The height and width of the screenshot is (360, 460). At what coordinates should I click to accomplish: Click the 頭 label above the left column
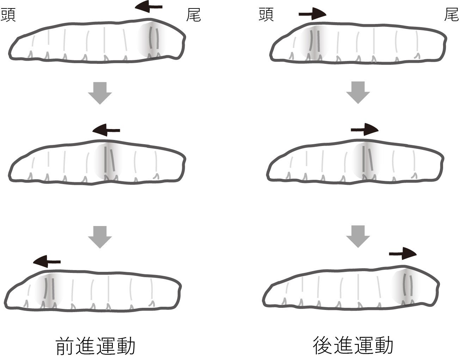pyautogui.click(x=8, y=16)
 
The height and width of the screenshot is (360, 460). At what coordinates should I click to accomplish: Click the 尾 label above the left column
pyautogui.click(x=193, y=16)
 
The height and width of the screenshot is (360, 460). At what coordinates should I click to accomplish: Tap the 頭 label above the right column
pyautogui.click(x=266, y=16)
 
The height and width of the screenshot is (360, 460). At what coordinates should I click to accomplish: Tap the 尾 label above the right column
pyautogui.click(x=451, y=16)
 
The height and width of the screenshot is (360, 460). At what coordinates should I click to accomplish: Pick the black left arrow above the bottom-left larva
pyautogui.click(x=47, y=261)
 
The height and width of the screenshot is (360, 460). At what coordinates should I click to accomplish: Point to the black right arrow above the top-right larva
pyautogui.click(x=312, y=14)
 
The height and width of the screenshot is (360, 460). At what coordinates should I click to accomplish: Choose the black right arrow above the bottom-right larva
pyautogui.click(x=403, y=253)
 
